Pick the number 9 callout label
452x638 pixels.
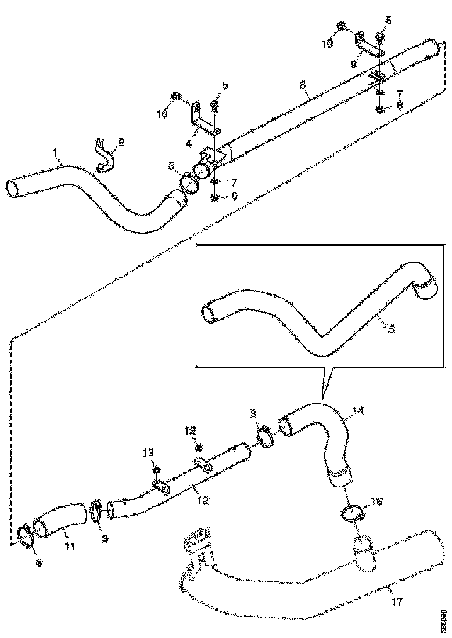[x=353, y=64]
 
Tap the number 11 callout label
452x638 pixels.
[x=69, y=546]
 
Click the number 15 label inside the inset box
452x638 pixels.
[x=389, y=328]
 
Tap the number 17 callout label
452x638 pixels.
[x=396, y=601]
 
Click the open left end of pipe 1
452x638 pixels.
[x=13, y=190]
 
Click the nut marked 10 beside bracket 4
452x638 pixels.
[x=175, y=96]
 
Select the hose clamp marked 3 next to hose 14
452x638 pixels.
[x=265, y=437]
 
